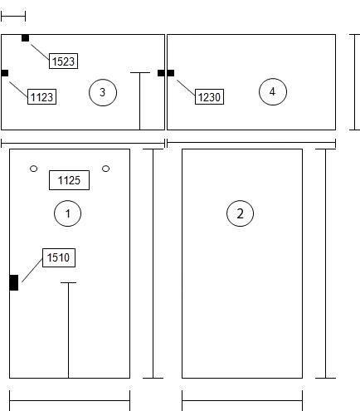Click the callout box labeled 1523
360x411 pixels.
click(63, 61)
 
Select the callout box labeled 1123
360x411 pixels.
click(41, 96)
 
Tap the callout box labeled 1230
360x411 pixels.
click(209, 96)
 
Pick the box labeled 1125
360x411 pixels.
click(69, 180)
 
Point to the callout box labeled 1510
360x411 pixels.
click(59, 257)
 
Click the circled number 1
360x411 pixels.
click(67, 213)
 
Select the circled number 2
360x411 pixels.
click(240, 213)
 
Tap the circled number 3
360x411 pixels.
click(103, 92)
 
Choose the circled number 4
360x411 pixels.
click(273, 91)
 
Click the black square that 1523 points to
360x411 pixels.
click(25, 38)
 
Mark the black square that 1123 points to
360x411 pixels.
click(5, 73)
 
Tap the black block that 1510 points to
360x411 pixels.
click(14, 282)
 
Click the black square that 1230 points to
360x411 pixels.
click(171, 73)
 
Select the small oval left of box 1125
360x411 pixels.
click(33, 169)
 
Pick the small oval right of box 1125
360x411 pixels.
click(105, 169)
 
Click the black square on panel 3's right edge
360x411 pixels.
click(161, 73)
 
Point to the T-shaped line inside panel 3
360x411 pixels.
click(140, 101)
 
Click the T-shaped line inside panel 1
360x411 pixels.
click(68, 330)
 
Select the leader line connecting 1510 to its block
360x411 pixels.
click(32, 270)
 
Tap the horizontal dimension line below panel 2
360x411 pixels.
click(242, 400)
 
